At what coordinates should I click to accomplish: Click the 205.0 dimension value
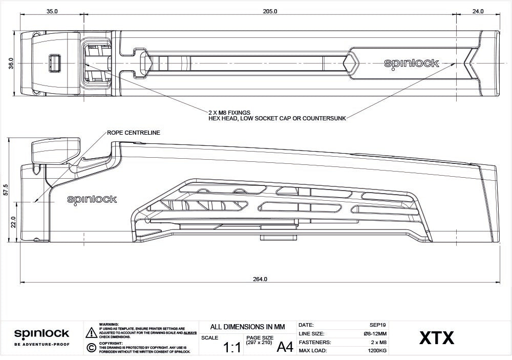coord(270,11)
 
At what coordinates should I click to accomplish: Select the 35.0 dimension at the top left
coord(52,11)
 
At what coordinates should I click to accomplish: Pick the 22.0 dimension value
coord(14,222)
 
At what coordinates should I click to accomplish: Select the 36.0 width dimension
coord(11,63)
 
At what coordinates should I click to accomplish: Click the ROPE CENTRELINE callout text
coord(134,133)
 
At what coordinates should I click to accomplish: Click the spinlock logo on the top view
coord(412,63)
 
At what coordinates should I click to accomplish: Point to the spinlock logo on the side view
coord(92,200)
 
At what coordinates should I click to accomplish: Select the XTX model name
coord(437,338)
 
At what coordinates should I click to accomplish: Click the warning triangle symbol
coord(91,332)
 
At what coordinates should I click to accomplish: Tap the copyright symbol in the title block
coord(91,348)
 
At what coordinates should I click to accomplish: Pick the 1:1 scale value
coord(232,348)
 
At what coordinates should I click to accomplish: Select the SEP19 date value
coord(378,325)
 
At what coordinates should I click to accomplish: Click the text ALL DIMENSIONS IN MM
coord(247,327)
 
